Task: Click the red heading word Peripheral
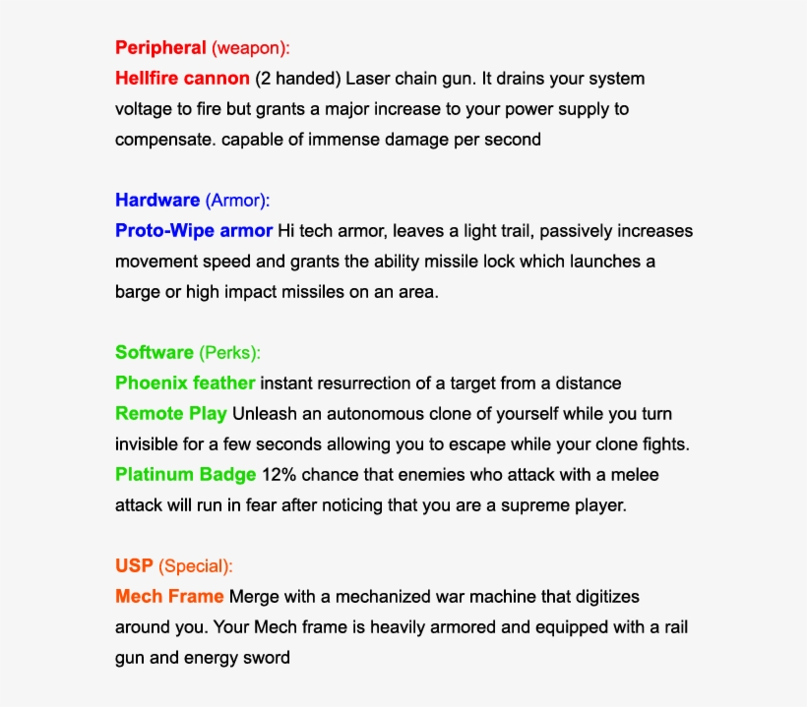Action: (x=160, y=47)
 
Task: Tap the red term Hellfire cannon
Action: (x=182, y=78)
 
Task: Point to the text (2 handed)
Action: (x=297, y=78)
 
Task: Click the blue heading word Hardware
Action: (x=157, y=201)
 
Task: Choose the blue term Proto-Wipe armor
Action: (x=194, y=231)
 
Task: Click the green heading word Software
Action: (x=155, y=352)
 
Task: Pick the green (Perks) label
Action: (x=229, y=352)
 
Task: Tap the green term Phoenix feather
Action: (x=185, y=383)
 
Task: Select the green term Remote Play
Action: (x=171, y=413)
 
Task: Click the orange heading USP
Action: (x=134, y=566)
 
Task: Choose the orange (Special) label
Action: (x=196, y=566)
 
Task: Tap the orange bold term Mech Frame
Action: (x=169, y=597)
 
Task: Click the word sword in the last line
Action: (x=266, y=657)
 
